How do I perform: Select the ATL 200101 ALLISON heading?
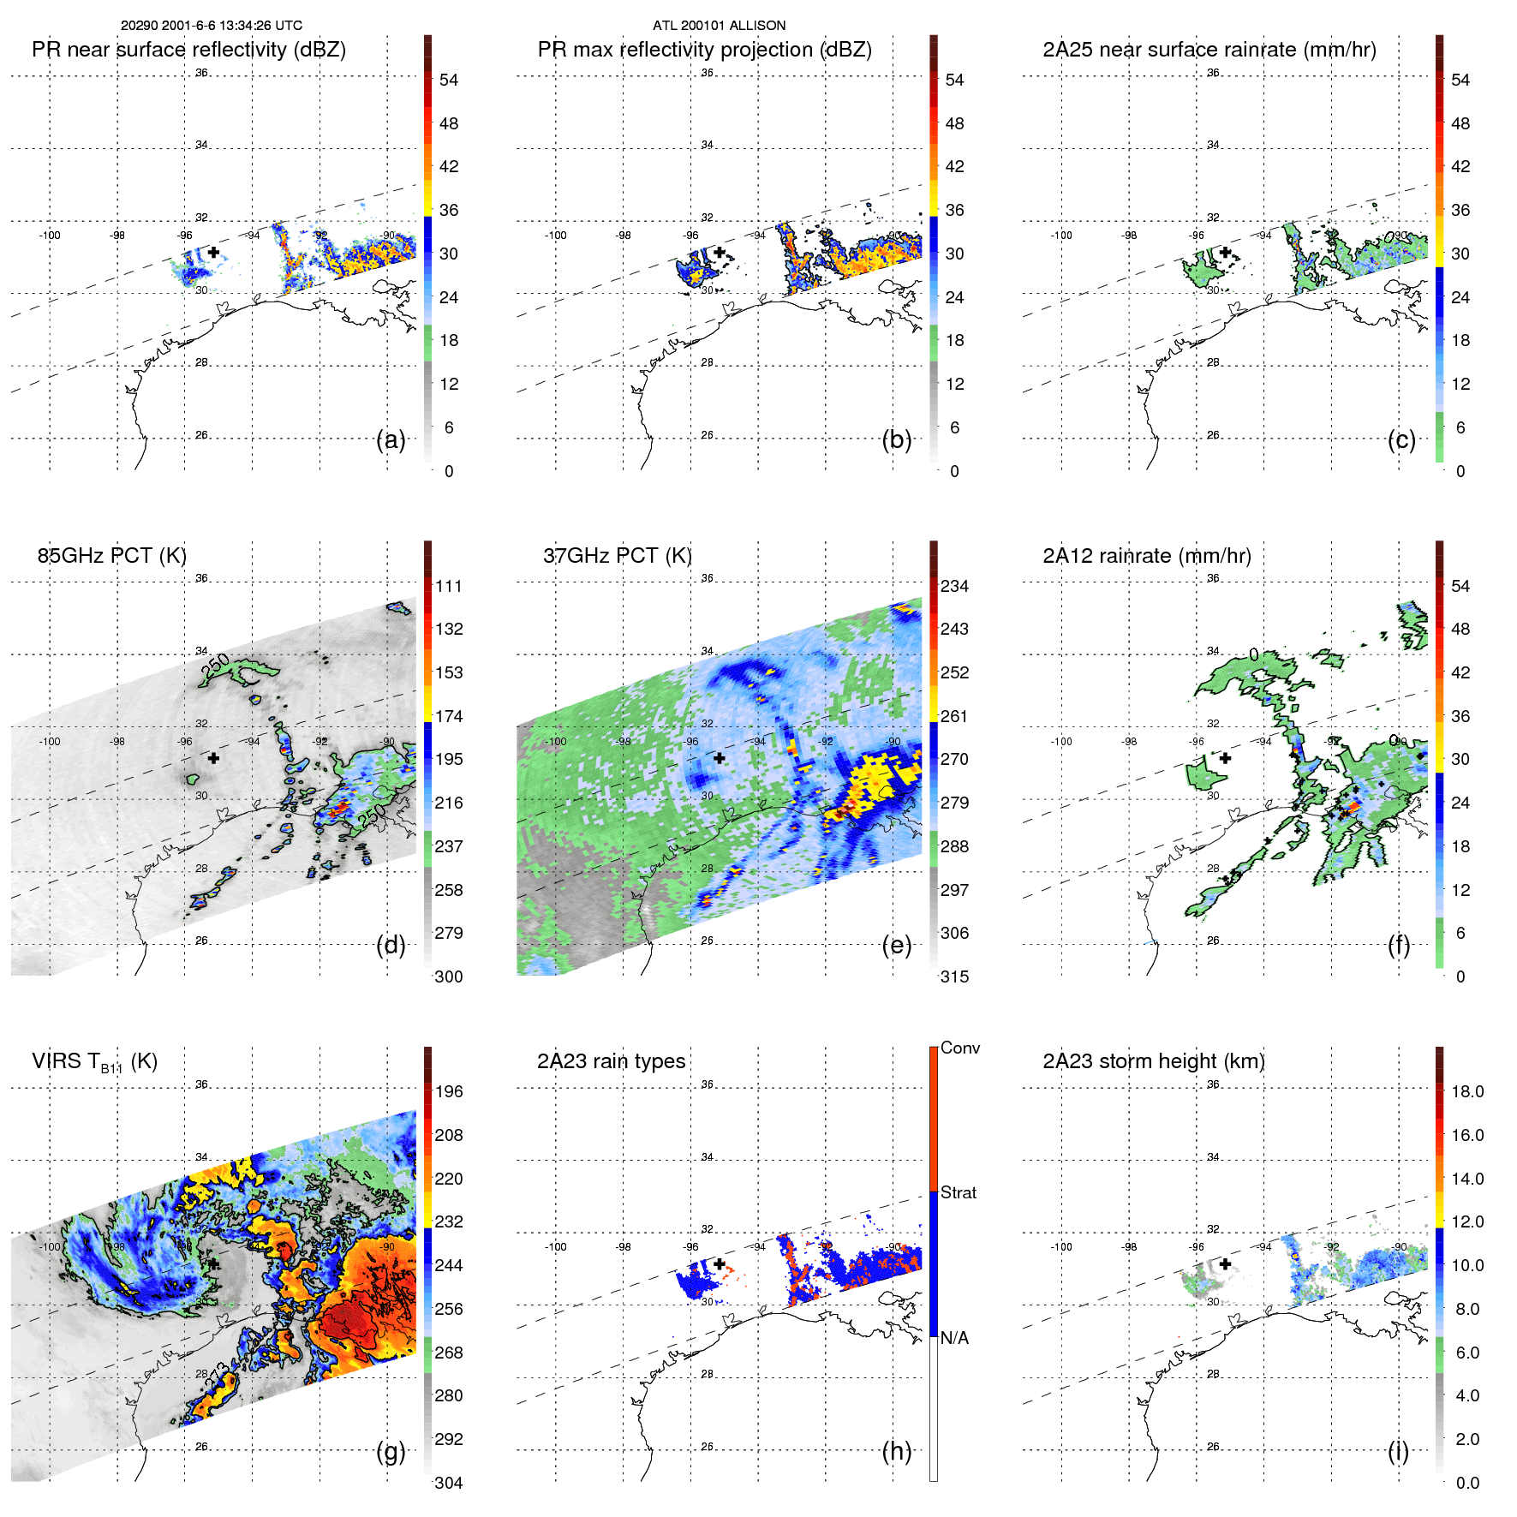(719, 26)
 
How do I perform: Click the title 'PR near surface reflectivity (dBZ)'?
(188, 50)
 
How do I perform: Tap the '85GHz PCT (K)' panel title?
(111, 556)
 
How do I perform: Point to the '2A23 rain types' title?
(611, 1061)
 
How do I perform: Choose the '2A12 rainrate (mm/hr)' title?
(1146, 556)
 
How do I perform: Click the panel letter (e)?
(896, 945)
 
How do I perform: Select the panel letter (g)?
(391, 1451)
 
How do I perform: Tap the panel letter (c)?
(1401, 439)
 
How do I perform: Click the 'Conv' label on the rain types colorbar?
(959, 1048)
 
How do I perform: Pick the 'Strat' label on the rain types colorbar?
(958, 1192)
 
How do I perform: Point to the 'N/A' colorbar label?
(954, 1338)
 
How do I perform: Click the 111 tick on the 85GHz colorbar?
(448, 586)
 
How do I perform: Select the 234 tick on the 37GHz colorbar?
(954, 586)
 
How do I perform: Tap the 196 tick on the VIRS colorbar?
(448, 1091)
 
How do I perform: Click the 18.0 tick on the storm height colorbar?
(1466, 1091)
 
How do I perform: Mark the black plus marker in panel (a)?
(213, 252)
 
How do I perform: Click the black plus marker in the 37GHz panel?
(719, 758)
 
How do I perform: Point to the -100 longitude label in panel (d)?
(49, 741)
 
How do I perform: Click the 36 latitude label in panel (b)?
(707, 73)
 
